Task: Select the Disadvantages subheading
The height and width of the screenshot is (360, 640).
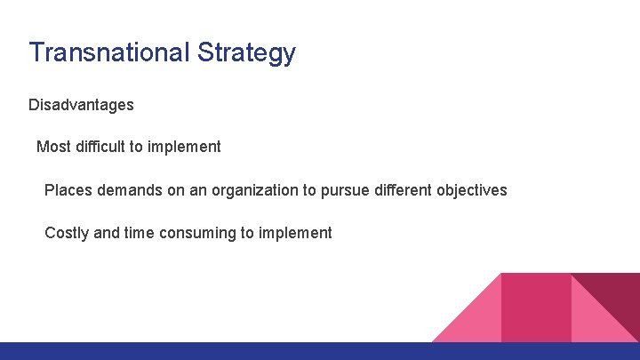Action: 81,105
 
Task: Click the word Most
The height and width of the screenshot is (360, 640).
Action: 52,147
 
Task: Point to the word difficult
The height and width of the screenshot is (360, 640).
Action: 99,147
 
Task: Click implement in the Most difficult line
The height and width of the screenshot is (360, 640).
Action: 184,147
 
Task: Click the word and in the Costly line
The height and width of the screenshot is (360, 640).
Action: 106,233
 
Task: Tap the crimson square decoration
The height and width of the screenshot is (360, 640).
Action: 535,307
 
